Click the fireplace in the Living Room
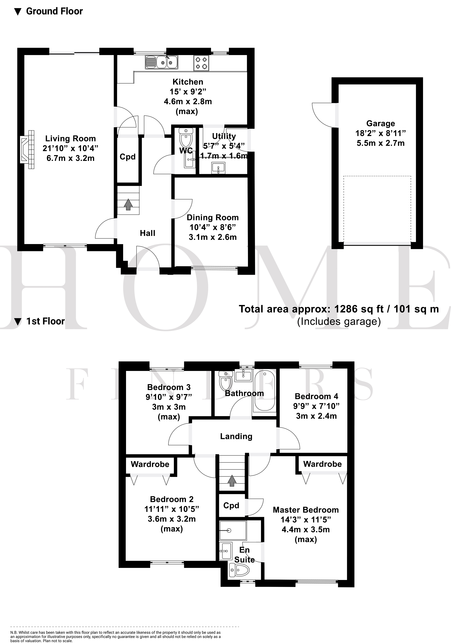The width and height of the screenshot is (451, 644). click(27, 149)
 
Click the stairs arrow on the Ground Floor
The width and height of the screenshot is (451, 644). click(128, 205)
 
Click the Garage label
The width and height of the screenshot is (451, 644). click(380, 123)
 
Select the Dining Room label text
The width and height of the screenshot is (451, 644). click(212, 217)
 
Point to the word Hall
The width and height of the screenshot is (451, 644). click(147, 233)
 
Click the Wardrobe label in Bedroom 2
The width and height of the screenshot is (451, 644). click(150, 464)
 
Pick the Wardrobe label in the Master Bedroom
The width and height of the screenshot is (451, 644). click(322, 464)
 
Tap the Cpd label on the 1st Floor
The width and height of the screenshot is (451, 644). click(231, 505)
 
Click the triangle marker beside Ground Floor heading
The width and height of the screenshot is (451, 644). click(18, 12)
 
